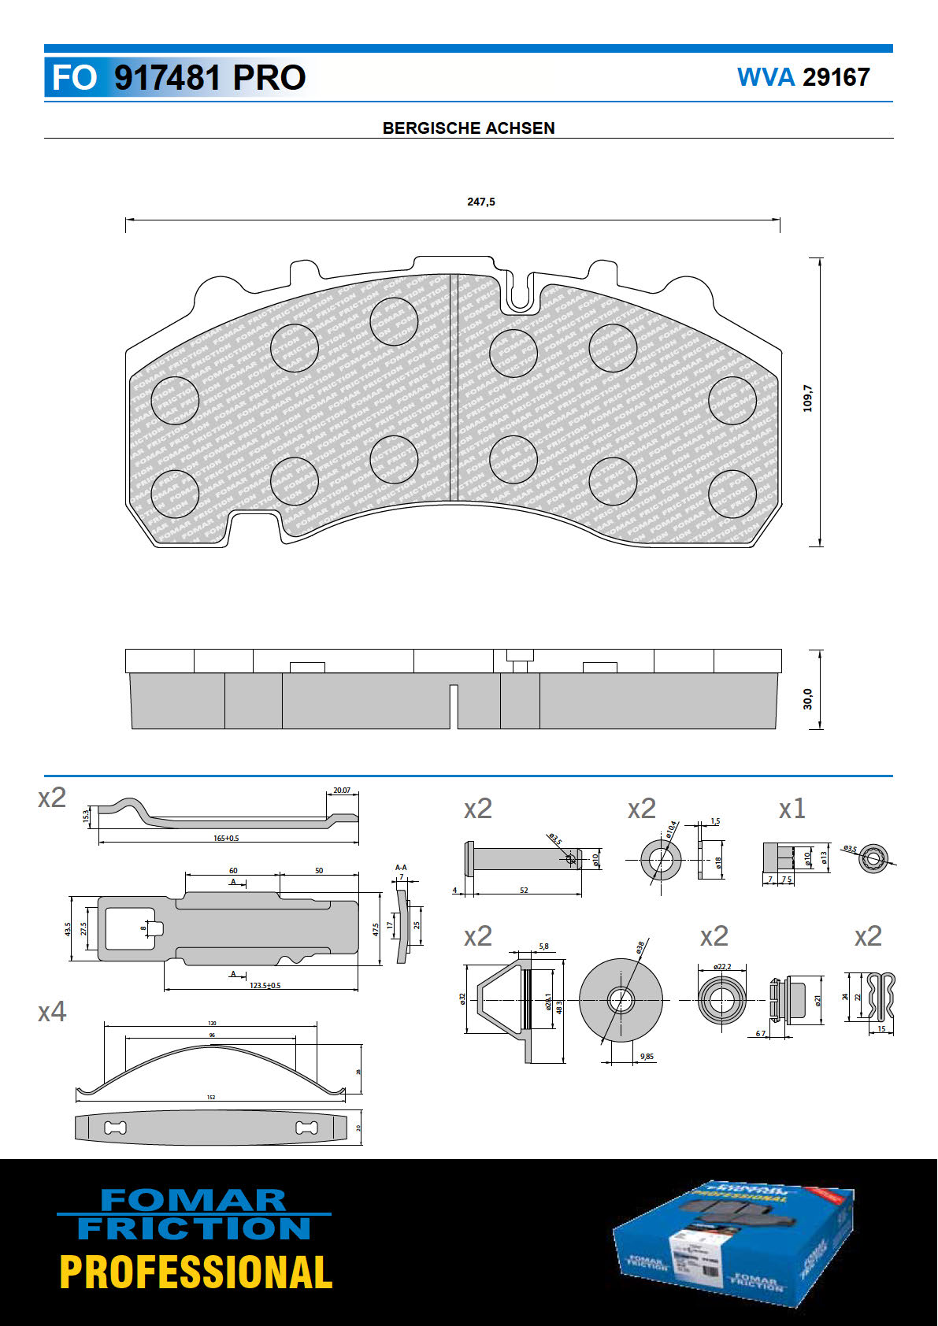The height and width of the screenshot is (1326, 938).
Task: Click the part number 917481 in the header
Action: (167, 78)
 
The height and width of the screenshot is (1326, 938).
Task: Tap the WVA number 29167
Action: (836, 77)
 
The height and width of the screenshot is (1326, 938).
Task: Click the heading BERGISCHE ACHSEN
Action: (469, 128)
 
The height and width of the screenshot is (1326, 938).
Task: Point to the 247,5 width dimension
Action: (481, 202)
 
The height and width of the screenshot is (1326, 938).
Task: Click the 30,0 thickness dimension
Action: (807, 698)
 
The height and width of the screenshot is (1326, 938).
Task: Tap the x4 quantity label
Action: (52, 1011)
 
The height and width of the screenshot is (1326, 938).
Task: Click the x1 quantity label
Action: (792, 809)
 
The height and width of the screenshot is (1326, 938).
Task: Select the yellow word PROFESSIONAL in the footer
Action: (196, 1272)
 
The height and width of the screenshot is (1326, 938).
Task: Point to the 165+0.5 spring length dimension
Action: (226, 838)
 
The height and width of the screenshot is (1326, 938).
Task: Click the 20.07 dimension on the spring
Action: (342, 790)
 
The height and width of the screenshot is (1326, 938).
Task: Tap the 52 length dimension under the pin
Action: (524, 890)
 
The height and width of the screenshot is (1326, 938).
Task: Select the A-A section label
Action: (401, 868)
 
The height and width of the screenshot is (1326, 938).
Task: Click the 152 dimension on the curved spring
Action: (211, 1097)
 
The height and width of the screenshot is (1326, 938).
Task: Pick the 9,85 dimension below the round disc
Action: (647, 1057)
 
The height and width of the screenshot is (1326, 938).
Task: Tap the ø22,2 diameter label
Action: (721, 966)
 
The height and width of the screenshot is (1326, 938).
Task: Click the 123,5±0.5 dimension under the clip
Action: (265, 985)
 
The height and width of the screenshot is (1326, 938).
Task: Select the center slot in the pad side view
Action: (454, 706)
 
